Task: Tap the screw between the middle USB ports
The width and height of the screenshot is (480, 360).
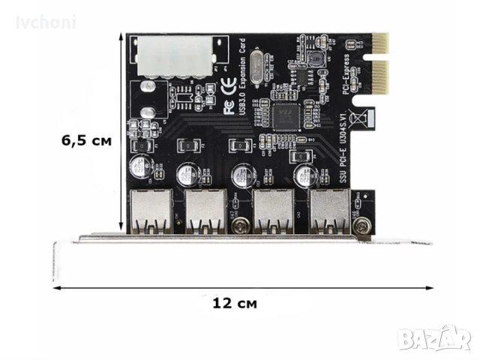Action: point(240,223)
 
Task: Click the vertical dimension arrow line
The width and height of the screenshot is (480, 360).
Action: point(119,135)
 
